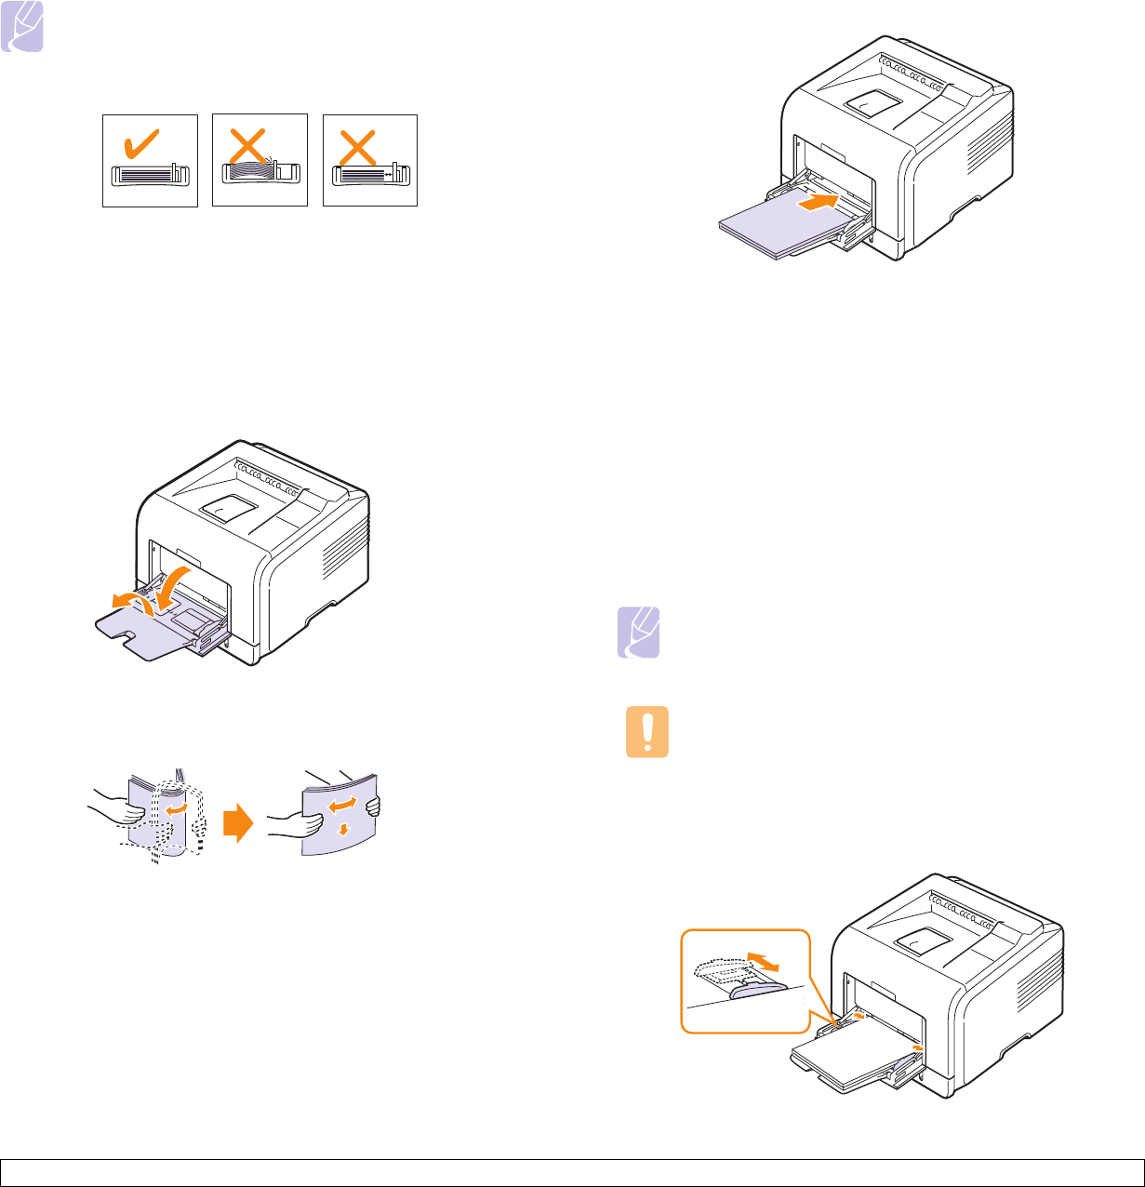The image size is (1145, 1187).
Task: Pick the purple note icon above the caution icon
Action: click(x=639, y=633)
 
